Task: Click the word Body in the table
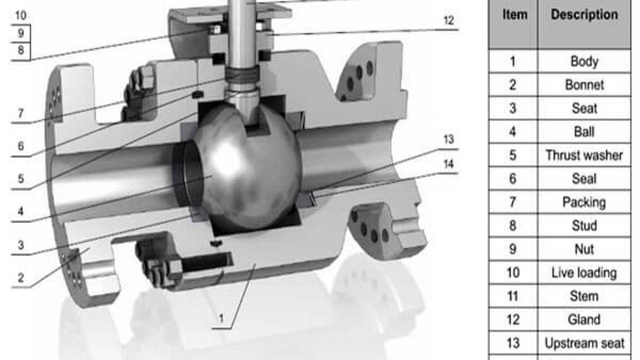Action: point(584,61)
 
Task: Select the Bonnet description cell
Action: point(584,85)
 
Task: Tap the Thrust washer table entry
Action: point(584,155)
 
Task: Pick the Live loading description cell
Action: point(584,273)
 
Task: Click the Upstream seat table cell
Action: point(584,343)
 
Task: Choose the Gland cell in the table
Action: point(584,319)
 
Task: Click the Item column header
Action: point(514,14)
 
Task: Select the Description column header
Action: point(584,14)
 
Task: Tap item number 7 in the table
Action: point(513,202)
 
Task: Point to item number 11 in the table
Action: point(513,296)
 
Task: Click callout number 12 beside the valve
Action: point(448,21)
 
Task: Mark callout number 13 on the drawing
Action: point(448,139)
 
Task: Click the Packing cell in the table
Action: point(584,202)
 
